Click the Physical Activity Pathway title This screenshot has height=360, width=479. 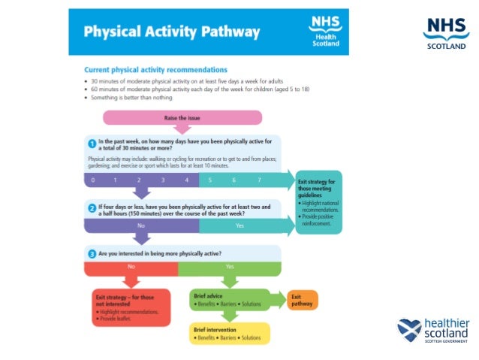tap(172, 32)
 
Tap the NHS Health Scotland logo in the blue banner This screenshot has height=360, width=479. tap(325, 32)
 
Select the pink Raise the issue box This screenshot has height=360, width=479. tap(182, 117)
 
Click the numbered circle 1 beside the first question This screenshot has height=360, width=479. tap(91, 144)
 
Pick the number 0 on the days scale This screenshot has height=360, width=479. tap(93, 180)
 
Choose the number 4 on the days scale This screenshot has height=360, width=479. tap(185, 180)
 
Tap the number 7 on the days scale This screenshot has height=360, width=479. tap(259, 180)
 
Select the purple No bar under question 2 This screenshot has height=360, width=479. tap(140, 225)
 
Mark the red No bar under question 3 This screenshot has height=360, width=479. tap(131, 267)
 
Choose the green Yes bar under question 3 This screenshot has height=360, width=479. tap(230, 267)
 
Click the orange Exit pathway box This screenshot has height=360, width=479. tap(302, 300)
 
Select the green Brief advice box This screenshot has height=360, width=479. tap(228, 300)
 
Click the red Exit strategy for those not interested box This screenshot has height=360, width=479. tap(132, 307)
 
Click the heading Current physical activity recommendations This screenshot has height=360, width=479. tap(155, 69)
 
